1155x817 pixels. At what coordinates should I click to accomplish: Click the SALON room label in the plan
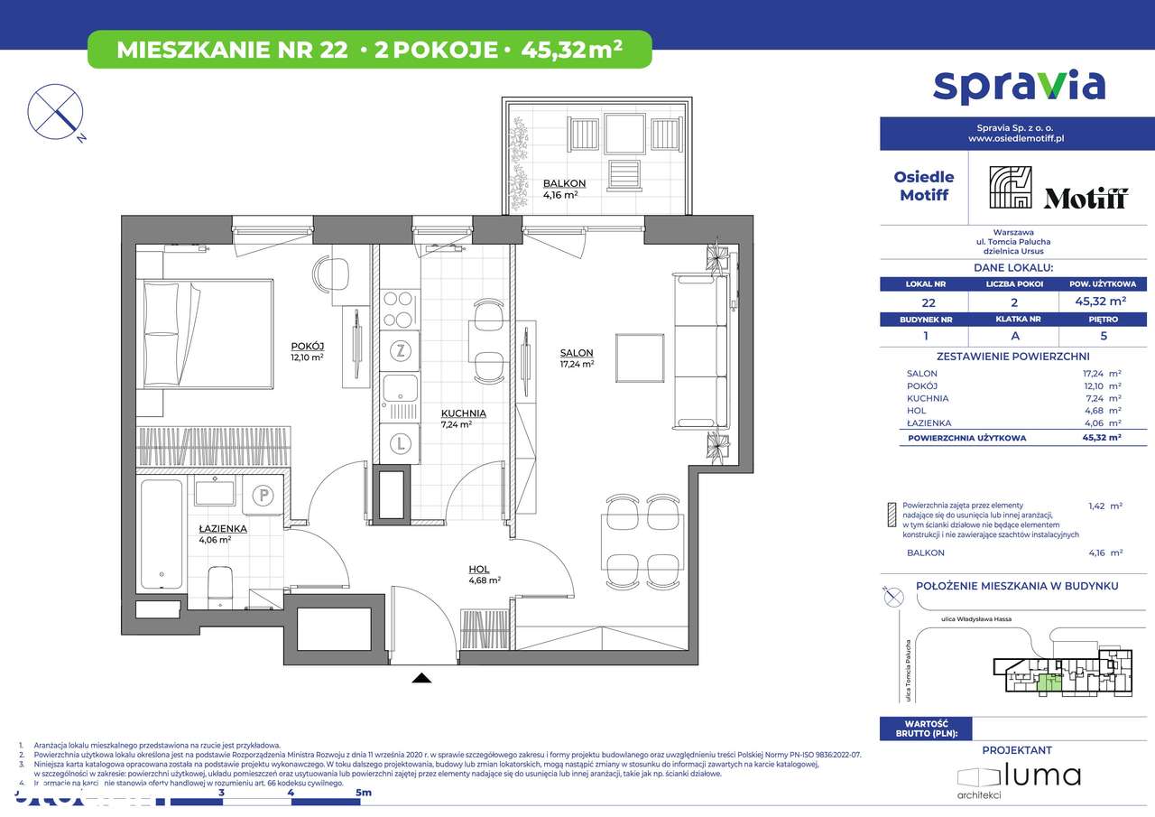click(576, 353)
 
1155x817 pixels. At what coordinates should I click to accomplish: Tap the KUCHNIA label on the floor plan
click(463, 413)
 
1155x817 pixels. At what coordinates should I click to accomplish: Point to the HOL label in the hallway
click(478, 569)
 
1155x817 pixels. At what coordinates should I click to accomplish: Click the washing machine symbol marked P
click(263, 494)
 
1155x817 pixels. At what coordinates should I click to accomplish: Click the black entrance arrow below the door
click(421, 678)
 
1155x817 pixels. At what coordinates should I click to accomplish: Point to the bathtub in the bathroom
click(162, 534)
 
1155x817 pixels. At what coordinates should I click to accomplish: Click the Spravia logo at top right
click(1018, 86)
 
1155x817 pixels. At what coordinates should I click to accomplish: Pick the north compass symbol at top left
click(56, 112)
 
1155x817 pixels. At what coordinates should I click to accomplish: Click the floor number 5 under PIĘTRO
click(1103, 335)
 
